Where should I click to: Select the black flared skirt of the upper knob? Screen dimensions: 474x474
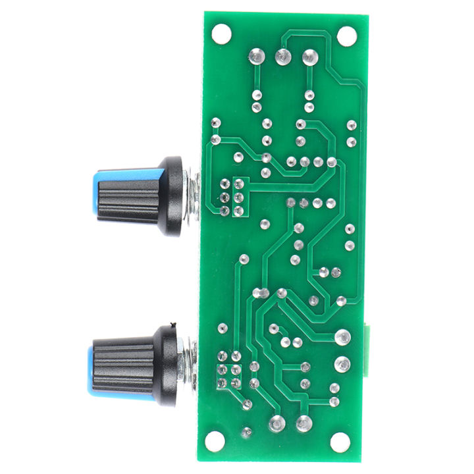(x=170, y=196)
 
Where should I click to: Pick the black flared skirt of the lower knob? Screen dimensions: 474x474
(x=166, y=363)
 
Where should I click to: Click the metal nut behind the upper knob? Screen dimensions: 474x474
(x=191, y=195)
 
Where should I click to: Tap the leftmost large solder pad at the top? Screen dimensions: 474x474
(x=256, y=57)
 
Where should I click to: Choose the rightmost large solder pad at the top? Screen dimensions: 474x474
(x=309, y=57)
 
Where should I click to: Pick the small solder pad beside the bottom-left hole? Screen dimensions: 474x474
(x=247, y=433)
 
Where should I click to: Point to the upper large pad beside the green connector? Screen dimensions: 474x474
(x=342, y=338)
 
